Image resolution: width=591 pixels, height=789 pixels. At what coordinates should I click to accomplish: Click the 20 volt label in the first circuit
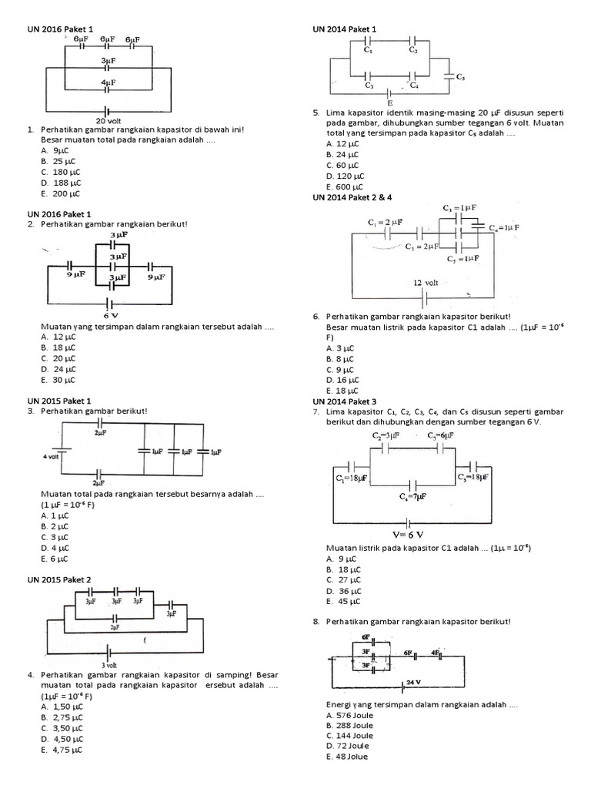107,120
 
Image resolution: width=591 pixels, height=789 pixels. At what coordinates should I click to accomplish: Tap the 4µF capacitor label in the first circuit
109,81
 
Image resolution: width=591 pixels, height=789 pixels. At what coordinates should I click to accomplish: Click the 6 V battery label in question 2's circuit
110,315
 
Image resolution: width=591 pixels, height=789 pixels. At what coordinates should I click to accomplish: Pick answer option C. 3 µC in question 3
55,537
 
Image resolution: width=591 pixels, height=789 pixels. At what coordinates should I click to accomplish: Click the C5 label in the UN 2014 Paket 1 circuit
459,77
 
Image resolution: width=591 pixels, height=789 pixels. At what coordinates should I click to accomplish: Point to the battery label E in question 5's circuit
389,102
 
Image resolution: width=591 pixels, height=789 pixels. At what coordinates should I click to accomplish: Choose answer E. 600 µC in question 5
344,186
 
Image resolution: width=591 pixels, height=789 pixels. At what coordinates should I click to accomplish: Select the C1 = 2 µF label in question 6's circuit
386,223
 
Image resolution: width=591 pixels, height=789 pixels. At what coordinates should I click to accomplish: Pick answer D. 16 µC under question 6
343,380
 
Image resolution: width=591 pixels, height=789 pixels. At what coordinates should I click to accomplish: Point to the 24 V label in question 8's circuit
414,683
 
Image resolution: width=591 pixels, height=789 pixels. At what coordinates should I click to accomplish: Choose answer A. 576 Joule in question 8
349,714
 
